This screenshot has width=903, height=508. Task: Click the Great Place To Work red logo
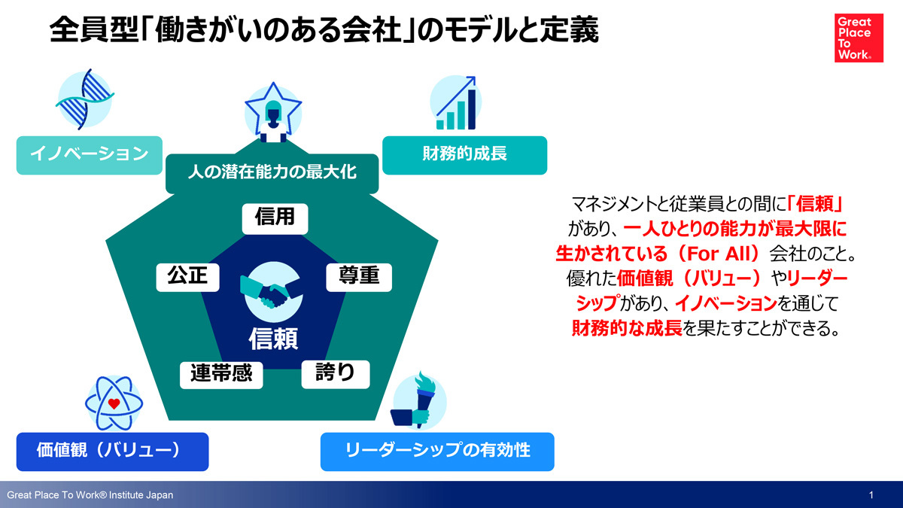click(859, 38)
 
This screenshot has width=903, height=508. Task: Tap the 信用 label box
click(275, 219)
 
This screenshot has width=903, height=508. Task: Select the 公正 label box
click(188, 278)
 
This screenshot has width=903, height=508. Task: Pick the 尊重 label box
click(359, 278)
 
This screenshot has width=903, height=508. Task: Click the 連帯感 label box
click(221, 375)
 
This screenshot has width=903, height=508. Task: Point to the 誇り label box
click(336, 374)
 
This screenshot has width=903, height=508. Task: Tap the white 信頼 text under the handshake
click(273, 339)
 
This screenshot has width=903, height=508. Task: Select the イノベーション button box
click(89, 155)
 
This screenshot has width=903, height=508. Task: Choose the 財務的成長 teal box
click(464, 155)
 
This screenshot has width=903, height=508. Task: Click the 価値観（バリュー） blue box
click(112, 452)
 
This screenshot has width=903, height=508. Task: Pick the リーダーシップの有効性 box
click(437, 452)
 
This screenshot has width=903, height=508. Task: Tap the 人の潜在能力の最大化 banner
click(272, 172)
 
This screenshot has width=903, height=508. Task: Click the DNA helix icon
click(85, 99)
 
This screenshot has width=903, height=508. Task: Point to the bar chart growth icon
click(456, 103)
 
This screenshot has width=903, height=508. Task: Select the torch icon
click(418, 400)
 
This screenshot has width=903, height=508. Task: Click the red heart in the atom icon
click(114, 403)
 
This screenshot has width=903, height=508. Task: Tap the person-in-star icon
click(273, 113)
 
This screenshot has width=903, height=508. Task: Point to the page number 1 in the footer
click(871, 494)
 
